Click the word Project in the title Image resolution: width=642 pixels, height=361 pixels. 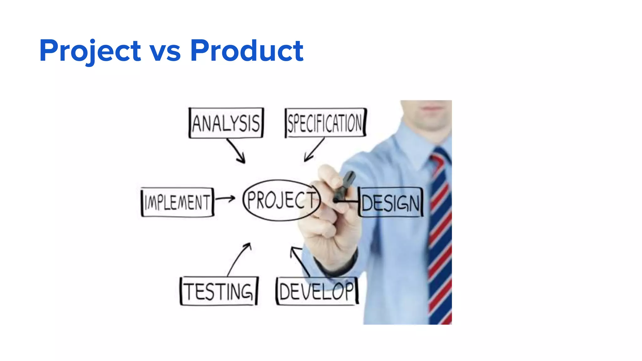pyautogui.click(x=90, y=51)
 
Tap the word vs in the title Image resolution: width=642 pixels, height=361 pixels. pyautogui.click(x=165, y=52)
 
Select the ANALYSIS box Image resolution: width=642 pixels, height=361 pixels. pyautogui.click(x=226, y=123)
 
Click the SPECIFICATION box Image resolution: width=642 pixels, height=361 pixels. pyautogui.click(x=325, y=123)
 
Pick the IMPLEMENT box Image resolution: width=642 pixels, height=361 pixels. pyautogui.click(x=177, y=202)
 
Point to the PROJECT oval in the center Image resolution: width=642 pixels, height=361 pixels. pyautogui.click(x=281, y=200)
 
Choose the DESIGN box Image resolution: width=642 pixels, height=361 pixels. pyautogui.click(x=390, y=202)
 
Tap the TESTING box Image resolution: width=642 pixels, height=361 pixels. pyautogui.click(x=218, y=291)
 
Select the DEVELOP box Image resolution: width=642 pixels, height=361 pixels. pyautogui.click(x=317, y=291)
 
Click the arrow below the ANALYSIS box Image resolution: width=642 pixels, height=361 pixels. pyautogui.click(x=237, y=151)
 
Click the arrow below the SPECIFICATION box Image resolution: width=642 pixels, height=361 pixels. pyautogui.click(x=313, y=150)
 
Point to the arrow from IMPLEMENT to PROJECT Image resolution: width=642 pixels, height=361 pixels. pyautogui.click(x=225, y=198)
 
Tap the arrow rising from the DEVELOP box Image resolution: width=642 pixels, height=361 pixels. pyautogui.click(x=299, y=260)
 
